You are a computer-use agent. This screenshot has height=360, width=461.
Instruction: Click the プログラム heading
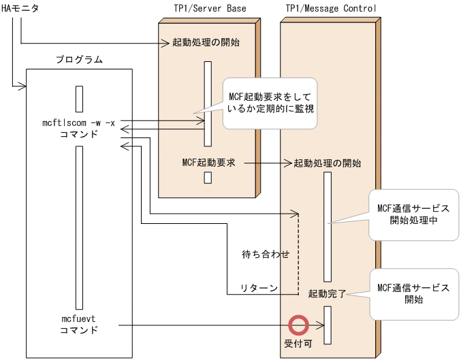(79, 59)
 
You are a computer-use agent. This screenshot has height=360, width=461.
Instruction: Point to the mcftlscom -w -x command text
(79, 122)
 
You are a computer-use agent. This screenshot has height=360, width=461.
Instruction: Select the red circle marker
(298, 325)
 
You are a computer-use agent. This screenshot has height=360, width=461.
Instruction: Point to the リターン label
(258, 288)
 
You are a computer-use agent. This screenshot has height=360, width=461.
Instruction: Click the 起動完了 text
(327, 294)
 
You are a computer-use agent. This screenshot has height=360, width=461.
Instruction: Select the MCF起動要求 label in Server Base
(208, 163)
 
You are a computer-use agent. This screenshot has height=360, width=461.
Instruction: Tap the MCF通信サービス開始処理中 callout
(413, 214)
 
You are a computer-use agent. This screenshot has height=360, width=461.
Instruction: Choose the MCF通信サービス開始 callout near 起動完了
(413, 293)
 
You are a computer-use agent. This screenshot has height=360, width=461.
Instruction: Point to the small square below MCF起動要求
(208, 178)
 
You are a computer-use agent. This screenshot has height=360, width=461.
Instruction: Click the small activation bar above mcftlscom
(79, 99)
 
